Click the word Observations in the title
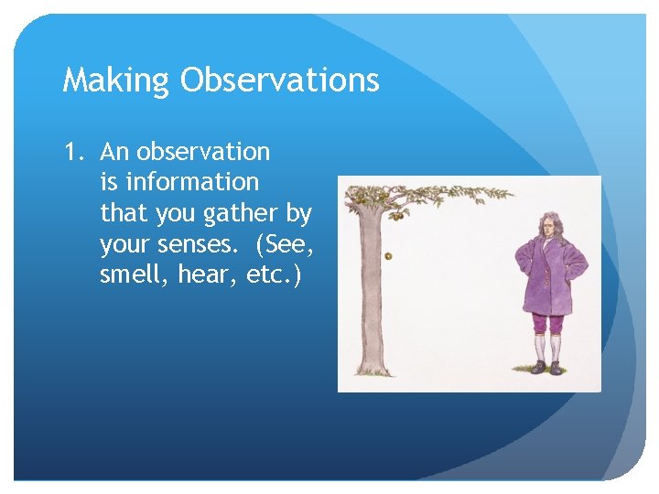click(x=279, y=81)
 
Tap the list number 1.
click(x=73, y=152)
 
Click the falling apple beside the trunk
click(x=389, y=255)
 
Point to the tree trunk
click(x=370, y=293)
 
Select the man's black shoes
click(x=546, y=368)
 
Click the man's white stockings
click(x=546, y=348)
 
